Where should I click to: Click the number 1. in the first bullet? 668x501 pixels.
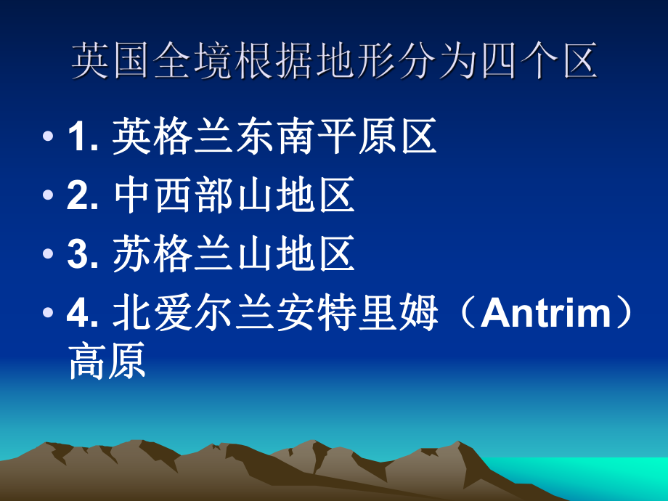point(83,138)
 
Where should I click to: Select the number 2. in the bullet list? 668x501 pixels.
point(83,197)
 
